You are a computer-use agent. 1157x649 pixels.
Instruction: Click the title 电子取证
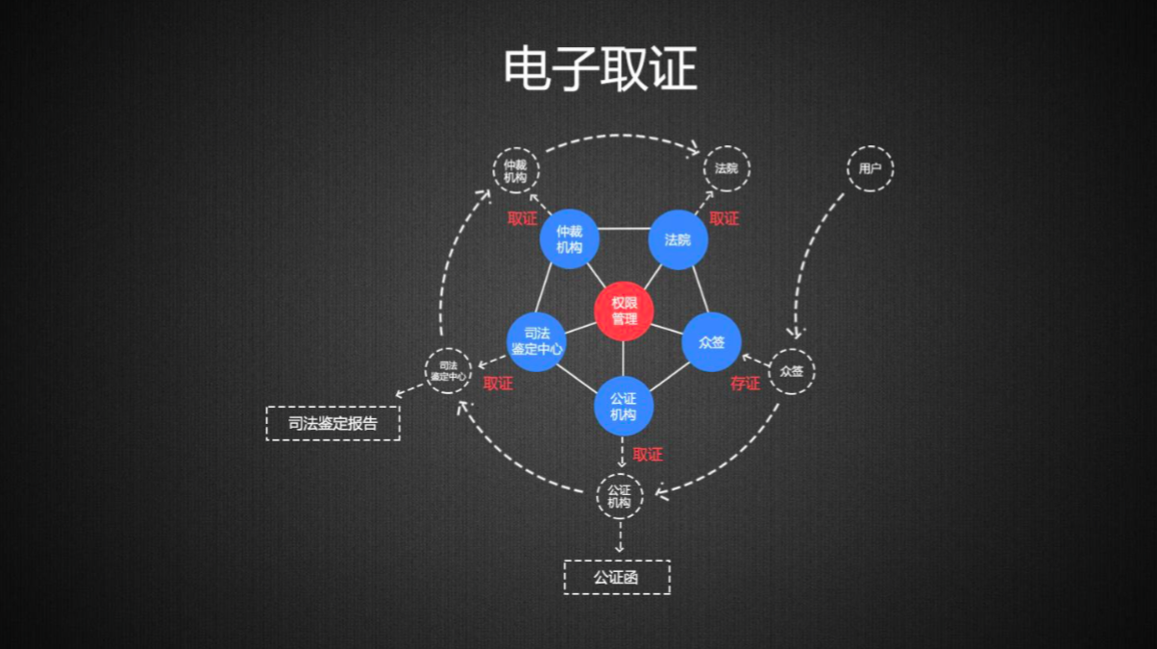tap(600, 69)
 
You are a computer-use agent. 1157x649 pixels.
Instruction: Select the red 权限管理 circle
tap(624, 311)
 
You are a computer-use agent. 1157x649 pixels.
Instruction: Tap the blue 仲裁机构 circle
tap(569, 239)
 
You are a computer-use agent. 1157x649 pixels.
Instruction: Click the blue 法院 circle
tap(677, 239)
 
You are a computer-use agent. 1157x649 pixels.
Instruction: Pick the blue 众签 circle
tap(711, 341)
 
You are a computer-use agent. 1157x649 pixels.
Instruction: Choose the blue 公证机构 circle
tap(623, 407)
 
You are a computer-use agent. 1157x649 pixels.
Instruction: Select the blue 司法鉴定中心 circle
tap(536, 341)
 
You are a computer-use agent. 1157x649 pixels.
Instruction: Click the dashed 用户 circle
tap(870, 169)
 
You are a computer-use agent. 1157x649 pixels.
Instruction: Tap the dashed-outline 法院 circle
tap(726, 169)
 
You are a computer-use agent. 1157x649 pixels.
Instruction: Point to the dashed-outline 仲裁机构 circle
tap(516, 171)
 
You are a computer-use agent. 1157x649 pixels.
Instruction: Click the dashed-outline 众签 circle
tap(791, 371)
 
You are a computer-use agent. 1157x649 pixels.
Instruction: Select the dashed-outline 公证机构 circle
tap(620, 496)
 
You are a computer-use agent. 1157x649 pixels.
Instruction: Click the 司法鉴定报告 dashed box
tap(332, 423)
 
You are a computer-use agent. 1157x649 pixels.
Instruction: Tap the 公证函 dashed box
tap(616, 577)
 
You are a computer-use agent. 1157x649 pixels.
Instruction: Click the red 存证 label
tap(745, 384)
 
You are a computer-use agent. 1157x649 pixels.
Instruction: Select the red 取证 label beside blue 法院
tap(724, 219)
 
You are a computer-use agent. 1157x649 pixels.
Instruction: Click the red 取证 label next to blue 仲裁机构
tap(523, 219)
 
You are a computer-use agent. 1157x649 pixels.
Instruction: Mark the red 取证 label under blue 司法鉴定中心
tap(498, 384)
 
